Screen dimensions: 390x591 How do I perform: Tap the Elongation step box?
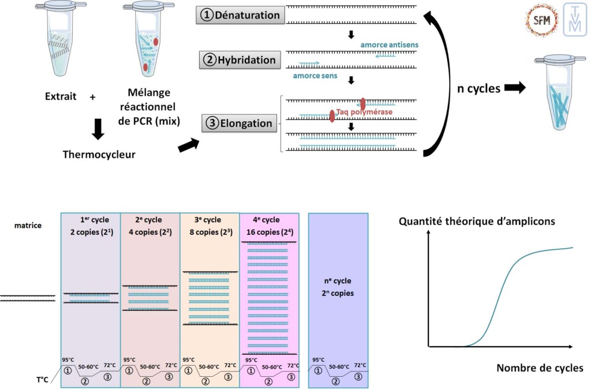click(x=239, y=123)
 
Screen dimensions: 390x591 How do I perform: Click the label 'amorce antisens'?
click(x=389, y=44)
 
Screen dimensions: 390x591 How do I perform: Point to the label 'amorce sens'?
click(x=315, y=76)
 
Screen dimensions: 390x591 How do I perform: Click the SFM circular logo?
click(x=541, y=19)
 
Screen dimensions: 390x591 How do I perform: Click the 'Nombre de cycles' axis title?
click(x=540, y=368)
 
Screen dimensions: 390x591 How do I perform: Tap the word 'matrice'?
click(x=28, y=226)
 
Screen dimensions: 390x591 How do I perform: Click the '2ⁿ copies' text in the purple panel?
click(x=338, y=293)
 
